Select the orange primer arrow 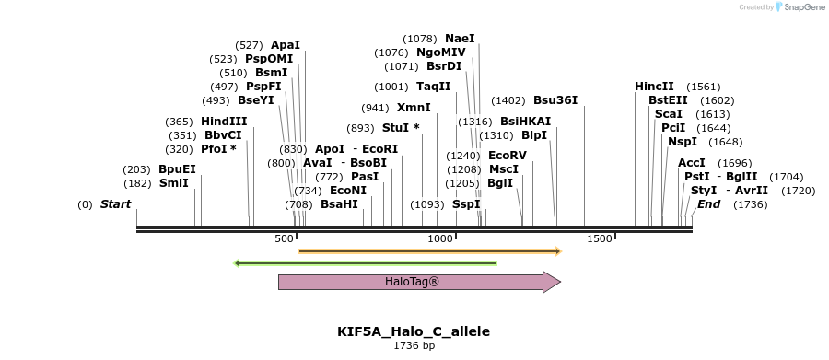point(429,250)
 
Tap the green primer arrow point(366,263)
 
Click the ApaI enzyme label point(285,45)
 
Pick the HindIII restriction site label point(224,122)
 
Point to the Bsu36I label point(555,100)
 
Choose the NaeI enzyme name point(460,39)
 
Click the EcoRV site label point(507,156)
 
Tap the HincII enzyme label point(654,87)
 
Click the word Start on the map point(115,204)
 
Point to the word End point(708,204)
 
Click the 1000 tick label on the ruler point(441,239)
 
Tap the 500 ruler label point(284,239)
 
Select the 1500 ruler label point(600,239)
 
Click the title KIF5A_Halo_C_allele point(414,331)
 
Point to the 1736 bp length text point(414,346)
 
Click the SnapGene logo point(798,7)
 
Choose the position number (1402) point(508,100)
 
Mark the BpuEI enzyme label point(177,169)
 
